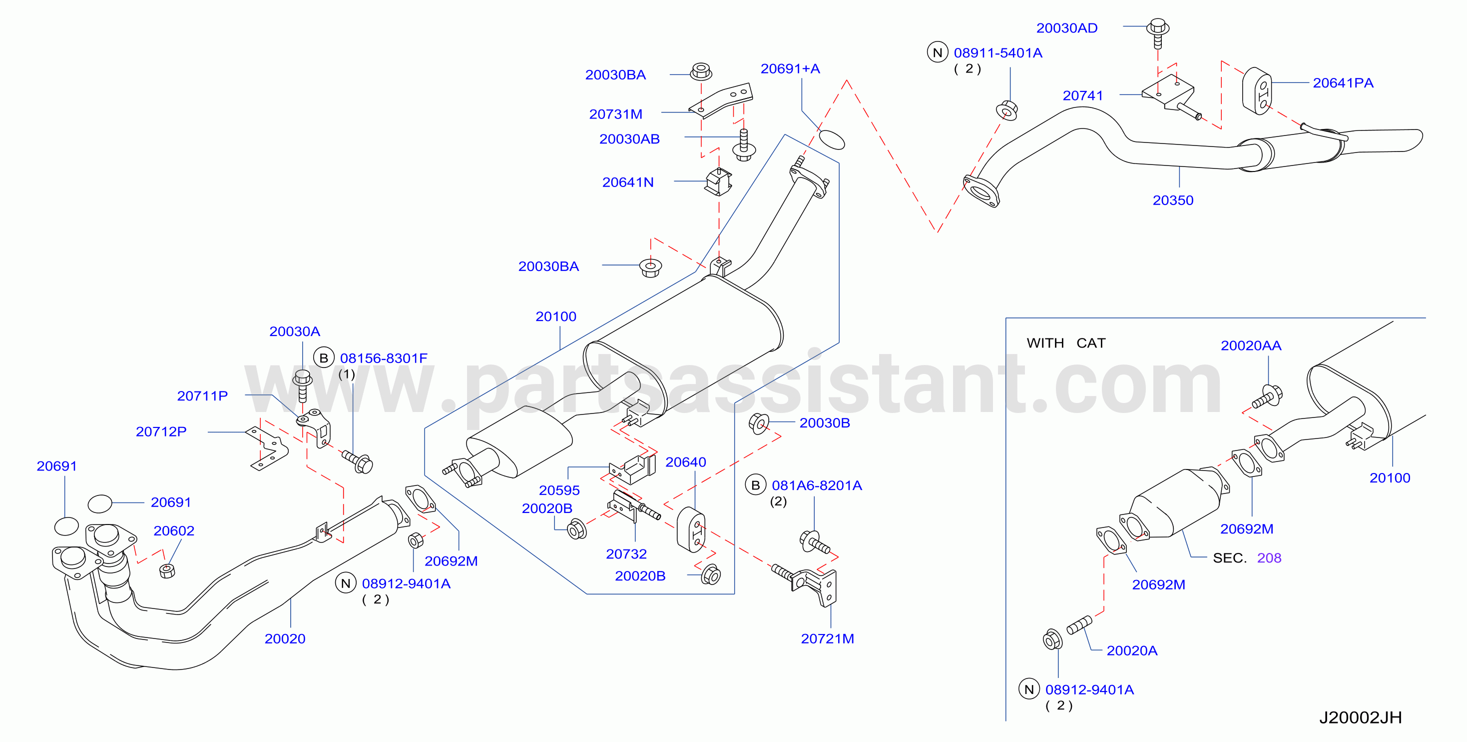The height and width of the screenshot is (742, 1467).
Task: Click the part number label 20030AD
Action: coord(1066,28)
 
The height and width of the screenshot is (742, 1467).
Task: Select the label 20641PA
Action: coord(1343,83)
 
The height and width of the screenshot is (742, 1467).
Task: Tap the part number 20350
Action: coord(1173,200)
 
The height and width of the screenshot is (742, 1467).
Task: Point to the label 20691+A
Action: coord(790,69)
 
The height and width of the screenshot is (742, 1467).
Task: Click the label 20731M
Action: coord(615,114)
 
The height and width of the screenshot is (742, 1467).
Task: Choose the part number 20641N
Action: coord(627,182)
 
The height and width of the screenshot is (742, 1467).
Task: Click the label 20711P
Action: coord(202,396)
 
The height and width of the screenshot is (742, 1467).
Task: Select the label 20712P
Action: coord(161,432)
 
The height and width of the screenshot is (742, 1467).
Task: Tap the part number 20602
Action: coord(174,531)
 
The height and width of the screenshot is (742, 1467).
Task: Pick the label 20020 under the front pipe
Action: coord(285,639)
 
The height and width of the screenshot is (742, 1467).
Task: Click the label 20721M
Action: coord(828,639)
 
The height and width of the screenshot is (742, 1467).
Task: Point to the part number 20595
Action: coord(559,490)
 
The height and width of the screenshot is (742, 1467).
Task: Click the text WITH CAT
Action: coord(1066,343)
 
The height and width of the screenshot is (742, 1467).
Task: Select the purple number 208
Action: coord(1269,558)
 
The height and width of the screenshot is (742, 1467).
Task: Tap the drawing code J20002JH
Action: coord(1361,717)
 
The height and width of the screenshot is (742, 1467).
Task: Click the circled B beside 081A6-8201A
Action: coord(756,485)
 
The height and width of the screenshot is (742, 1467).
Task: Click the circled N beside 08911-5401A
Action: coord(938,52)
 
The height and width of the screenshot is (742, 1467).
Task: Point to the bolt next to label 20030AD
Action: coord(1157,32)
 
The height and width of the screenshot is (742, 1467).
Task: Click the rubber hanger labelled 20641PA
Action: coord(1256,91)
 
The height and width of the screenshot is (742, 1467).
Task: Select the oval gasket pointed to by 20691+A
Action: coord(832,139)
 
